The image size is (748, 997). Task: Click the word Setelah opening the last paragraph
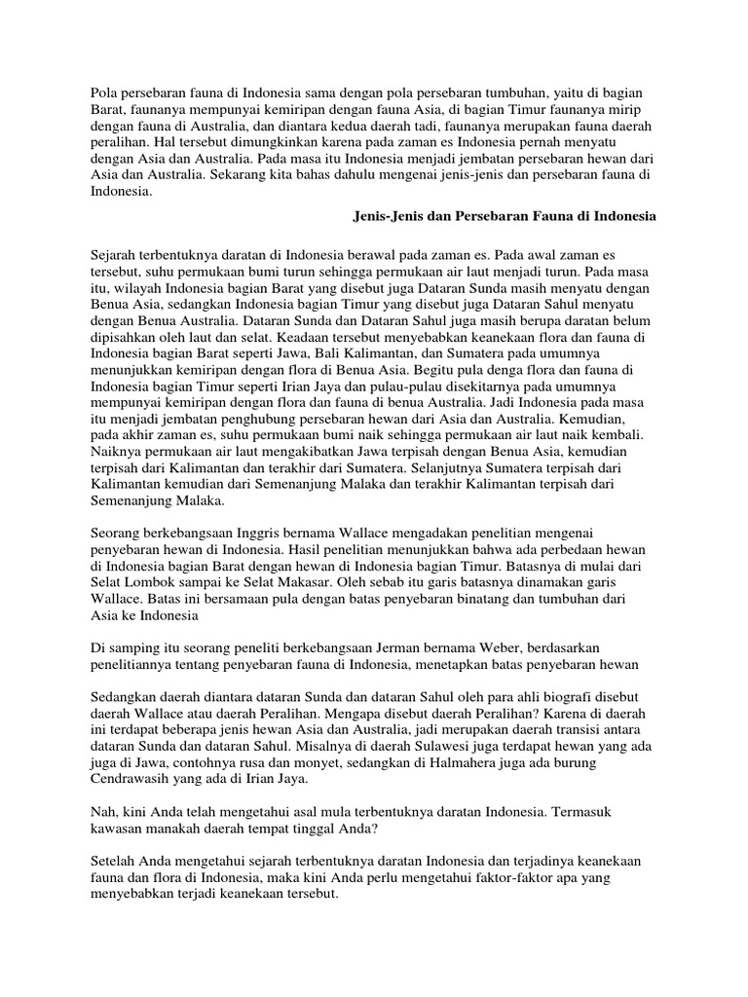(x=113, y=863)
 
